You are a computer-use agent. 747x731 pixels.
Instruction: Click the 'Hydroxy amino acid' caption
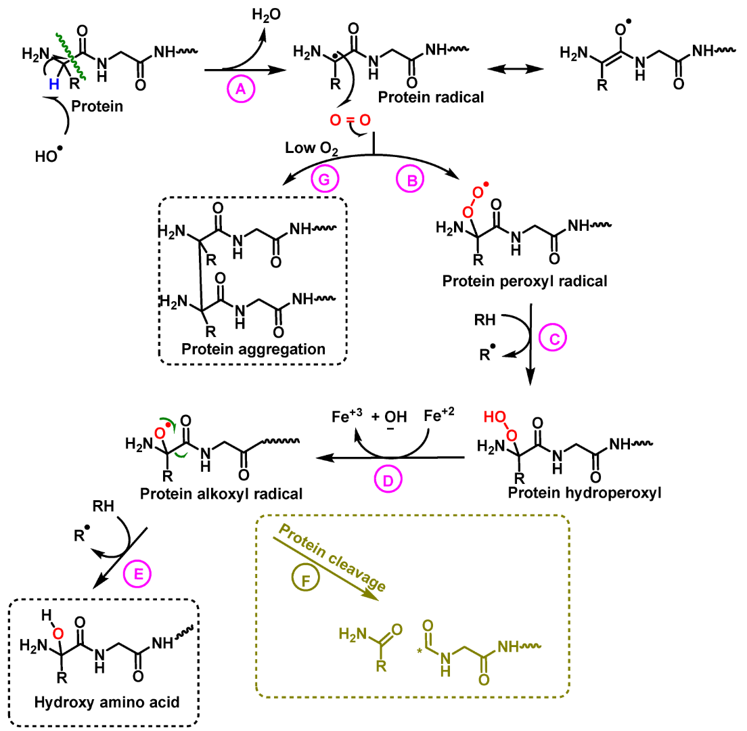[x=107, y=702]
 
